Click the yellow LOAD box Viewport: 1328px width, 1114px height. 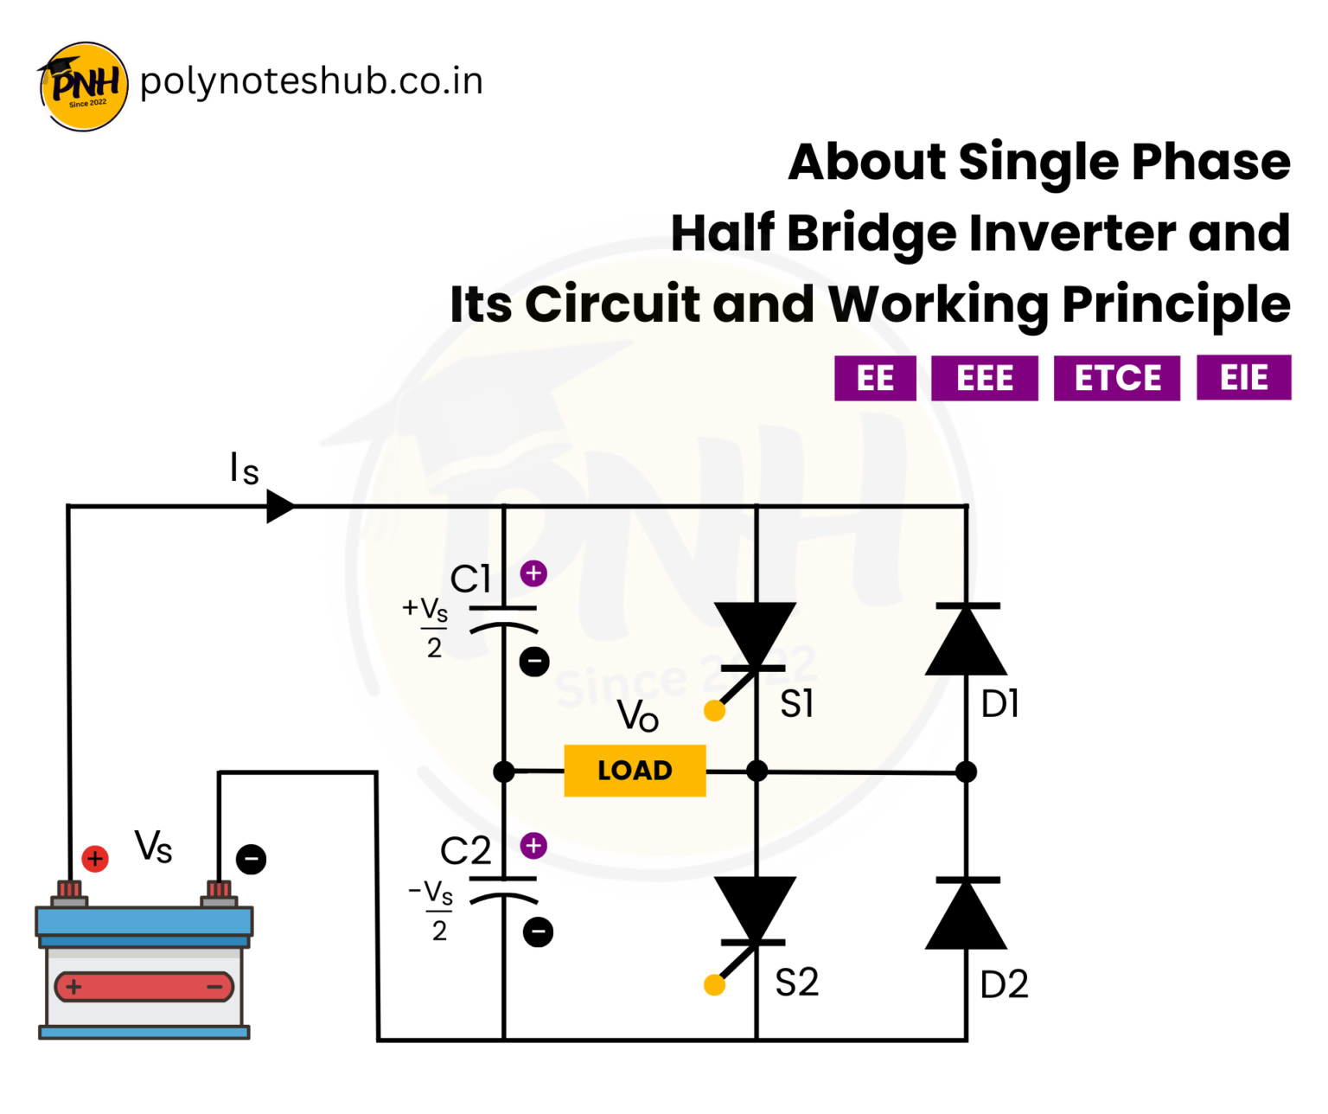click(635, 770)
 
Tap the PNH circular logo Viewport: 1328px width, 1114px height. click(84, 86)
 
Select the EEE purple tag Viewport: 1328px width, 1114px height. click(984, 378)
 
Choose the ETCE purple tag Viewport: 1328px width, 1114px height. click(1116, 378)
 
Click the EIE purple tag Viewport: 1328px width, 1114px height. click(1243, 377)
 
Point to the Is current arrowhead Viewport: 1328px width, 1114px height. click(279, 506)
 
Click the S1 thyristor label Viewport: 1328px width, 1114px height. click(796, 704)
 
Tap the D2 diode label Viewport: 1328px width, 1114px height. click(1004, 984)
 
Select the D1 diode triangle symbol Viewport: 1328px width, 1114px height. click(966, 641)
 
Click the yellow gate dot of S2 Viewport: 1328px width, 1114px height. click(714, 984)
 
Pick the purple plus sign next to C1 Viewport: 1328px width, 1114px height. click(533, 573)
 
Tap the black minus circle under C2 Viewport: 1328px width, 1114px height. click(538, 932)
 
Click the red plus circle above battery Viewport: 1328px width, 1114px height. click(95, 859)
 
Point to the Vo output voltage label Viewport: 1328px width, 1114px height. click(638, 716)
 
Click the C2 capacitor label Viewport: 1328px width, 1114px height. click(465, 851)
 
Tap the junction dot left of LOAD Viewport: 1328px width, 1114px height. click(504, 771)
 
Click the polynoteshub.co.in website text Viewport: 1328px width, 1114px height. click(311, 81)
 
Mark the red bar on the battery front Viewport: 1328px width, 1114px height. click(144, 986)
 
